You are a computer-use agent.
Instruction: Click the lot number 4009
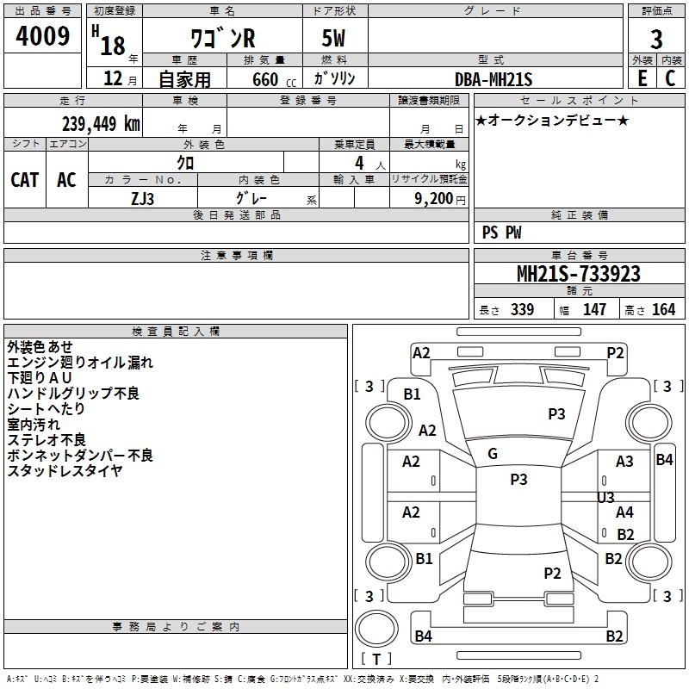coord(43,37)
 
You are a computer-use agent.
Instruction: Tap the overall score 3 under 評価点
coord(656,40)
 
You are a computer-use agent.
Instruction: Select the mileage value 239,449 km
coord(100,123)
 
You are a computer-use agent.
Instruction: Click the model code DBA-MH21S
coord(493,79)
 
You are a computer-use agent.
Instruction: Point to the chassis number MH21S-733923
coord(578,274)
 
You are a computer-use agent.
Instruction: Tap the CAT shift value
coord(24,179)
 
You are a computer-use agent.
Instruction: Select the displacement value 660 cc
coord(264,79)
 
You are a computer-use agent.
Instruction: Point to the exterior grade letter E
coord(642,78)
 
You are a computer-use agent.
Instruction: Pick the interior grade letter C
coord(670,78)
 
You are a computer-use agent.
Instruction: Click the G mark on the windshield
coord(493,454)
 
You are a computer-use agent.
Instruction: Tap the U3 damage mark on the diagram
coord(605,498)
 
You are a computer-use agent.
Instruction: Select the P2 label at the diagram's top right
coord(615,352)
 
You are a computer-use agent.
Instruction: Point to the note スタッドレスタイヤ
coord(65,470)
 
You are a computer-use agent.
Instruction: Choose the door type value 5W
coord(335,40)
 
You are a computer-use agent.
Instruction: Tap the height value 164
coord(663,310)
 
